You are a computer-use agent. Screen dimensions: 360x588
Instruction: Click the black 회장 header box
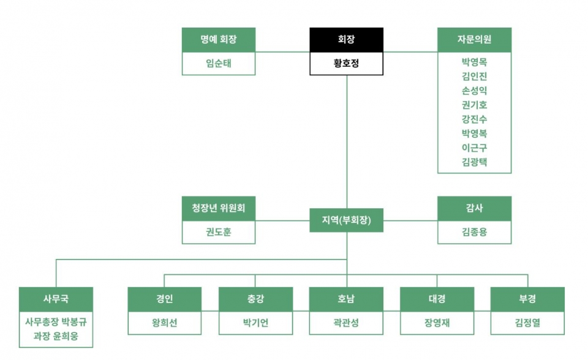click(346, 40)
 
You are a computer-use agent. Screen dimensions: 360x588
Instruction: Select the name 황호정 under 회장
click(346, 63)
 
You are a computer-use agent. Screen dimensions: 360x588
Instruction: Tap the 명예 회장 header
click(219, 40)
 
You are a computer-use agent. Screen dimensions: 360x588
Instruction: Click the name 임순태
click(219, 63)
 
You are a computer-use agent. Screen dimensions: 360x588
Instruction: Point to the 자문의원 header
click(474, 40)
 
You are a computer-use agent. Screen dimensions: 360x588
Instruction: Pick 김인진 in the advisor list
click(474, 76)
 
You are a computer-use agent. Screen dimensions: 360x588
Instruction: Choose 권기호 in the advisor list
click(474, 105)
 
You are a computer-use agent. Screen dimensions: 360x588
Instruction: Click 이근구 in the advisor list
click(474, 148)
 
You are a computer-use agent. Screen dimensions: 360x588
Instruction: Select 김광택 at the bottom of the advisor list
click(474, 162)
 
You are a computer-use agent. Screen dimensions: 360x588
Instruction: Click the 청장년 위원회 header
click(219, 209)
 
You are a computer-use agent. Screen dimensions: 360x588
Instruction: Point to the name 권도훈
click(219, 232)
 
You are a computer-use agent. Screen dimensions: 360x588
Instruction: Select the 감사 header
click(474, 209)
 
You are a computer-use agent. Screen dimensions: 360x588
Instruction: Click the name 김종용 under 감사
click(474, 232)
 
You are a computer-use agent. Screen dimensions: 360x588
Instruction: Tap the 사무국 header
click(56, 299)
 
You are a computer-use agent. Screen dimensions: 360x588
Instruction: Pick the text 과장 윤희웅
click(56, 336)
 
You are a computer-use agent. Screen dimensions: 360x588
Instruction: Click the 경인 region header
click(164, 299)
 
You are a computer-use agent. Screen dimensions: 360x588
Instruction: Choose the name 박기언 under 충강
click(255, 323)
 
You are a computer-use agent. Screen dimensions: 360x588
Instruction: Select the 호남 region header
click(346, 299)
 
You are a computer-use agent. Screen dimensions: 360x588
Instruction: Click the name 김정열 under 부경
click(527, 323)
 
